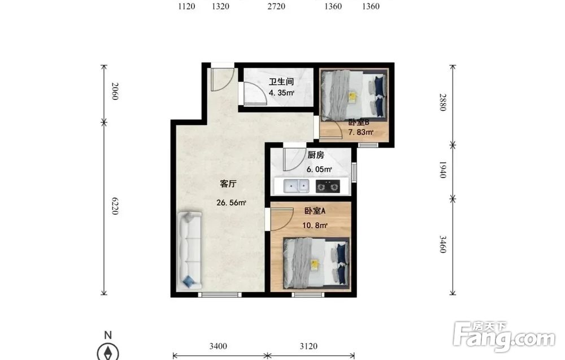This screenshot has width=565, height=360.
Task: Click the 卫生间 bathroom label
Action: tap(281, 82)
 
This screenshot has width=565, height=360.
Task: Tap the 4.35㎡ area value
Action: tap(281, 93)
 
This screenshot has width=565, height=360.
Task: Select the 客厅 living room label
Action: tap(228, 184)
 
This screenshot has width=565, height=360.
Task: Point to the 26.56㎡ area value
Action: tap(231, 202)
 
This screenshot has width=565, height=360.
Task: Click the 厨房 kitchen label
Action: tap(316, 155)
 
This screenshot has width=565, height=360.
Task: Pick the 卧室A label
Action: tap(315, 211)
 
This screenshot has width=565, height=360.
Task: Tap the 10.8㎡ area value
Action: tap(315, 225)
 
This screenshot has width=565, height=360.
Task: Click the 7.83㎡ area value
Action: tap(360, 132)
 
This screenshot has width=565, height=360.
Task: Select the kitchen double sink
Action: tap(296, 186)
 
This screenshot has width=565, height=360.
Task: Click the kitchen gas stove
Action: tap(328, 186)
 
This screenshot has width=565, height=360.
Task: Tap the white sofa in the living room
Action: tap(189, 250)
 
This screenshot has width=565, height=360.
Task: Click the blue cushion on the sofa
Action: tap(189, 281)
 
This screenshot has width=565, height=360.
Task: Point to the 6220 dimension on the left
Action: tap(115, 206)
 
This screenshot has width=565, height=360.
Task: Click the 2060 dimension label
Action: tap(115, 91)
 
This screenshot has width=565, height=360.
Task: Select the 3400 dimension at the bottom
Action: tap(218, 346)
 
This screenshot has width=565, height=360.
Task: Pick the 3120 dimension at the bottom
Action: tap(308, 346)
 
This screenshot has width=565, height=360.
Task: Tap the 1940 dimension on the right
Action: tap(443, 170)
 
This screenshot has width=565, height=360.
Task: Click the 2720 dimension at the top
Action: tap(276, 6)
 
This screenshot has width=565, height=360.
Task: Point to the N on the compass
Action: tap(108, 335)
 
